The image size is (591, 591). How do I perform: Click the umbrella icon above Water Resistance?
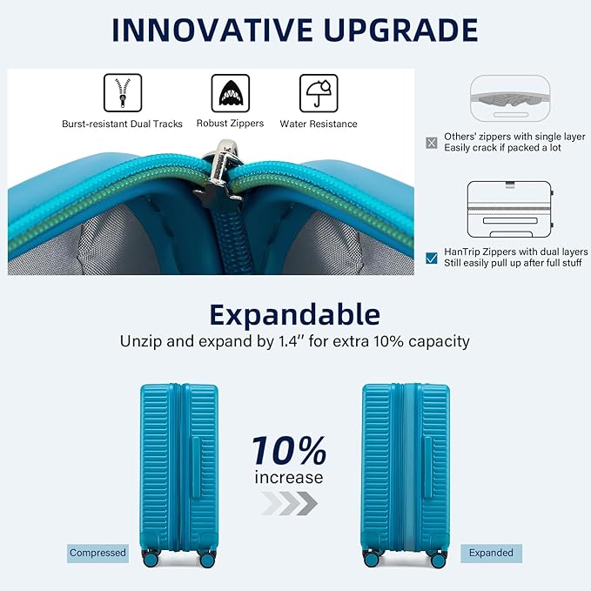click(x=318, y=91)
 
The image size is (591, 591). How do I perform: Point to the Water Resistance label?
click(x=318, y=124)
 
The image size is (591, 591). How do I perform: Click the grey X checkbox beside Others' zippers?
click(x=432, y=143)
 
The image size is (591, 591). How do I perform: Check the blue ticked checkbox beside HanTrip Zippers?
click(x=432, y=258)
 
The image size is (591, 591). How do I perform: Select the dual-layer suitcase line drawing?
click(x=509, y=212)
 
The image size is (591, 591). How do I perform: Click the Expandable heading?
click(x=295, y=313)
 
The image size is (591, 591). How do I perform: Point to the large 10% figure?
click(x=288, y=452)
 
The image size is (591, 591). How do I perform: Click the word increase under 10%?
click(x=288, y=477)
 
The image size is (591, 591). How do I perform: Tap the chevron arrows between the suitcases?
click(x=288, y=504)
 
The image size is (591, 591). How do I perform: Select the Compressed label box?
click(x=97, y=553)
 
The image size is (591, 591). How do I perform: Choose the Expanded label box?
click(x=491, y=553)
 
